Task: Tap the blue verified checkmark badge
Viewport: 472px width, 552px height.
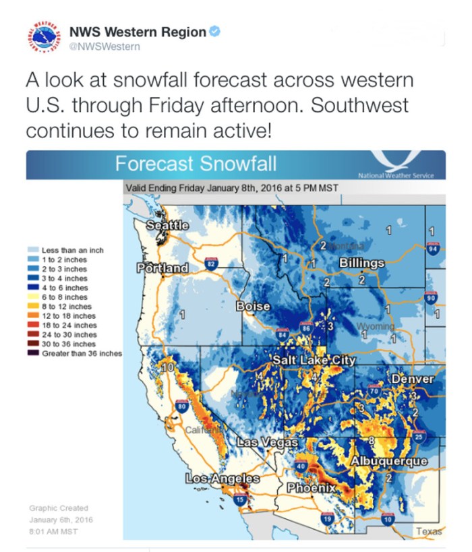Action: click(x=214, y=32)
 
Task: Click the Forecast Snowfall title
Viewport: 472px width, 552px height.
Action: click(x=195, y=164)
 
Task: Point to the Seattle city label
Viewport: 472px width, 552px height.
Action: click(x=167, y=225)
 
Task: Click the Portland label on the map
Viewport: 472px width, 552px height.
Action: click(x=163, y=268)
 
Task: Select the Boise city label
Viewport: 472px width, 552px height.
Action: click(x=253, y=306)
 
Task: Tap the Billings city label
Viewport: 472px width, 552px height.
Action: click(x=361, y=262)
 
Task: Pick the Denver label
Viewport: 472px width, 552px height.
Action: click(x=412, y=379)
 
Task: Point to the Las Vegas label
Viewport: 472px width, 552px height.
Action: click(x=268, y=443)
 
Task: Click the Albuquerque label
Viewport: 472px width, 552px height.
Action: click(x=389, y=461)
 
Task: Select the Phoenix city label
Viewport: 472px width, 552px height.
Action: click(x=312, y=487)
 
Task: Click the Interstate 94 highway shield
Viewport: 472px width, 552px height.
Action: click(x=434, y=249)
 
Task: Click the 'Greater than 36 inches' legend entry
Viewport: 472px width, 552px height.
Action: click(x=76, y=352)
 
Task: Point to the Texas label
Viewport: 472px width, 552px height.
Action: click(x=429, y=531)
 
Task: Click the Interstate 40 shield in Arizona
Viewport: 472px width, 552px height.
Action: click(x=301, y=466)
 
